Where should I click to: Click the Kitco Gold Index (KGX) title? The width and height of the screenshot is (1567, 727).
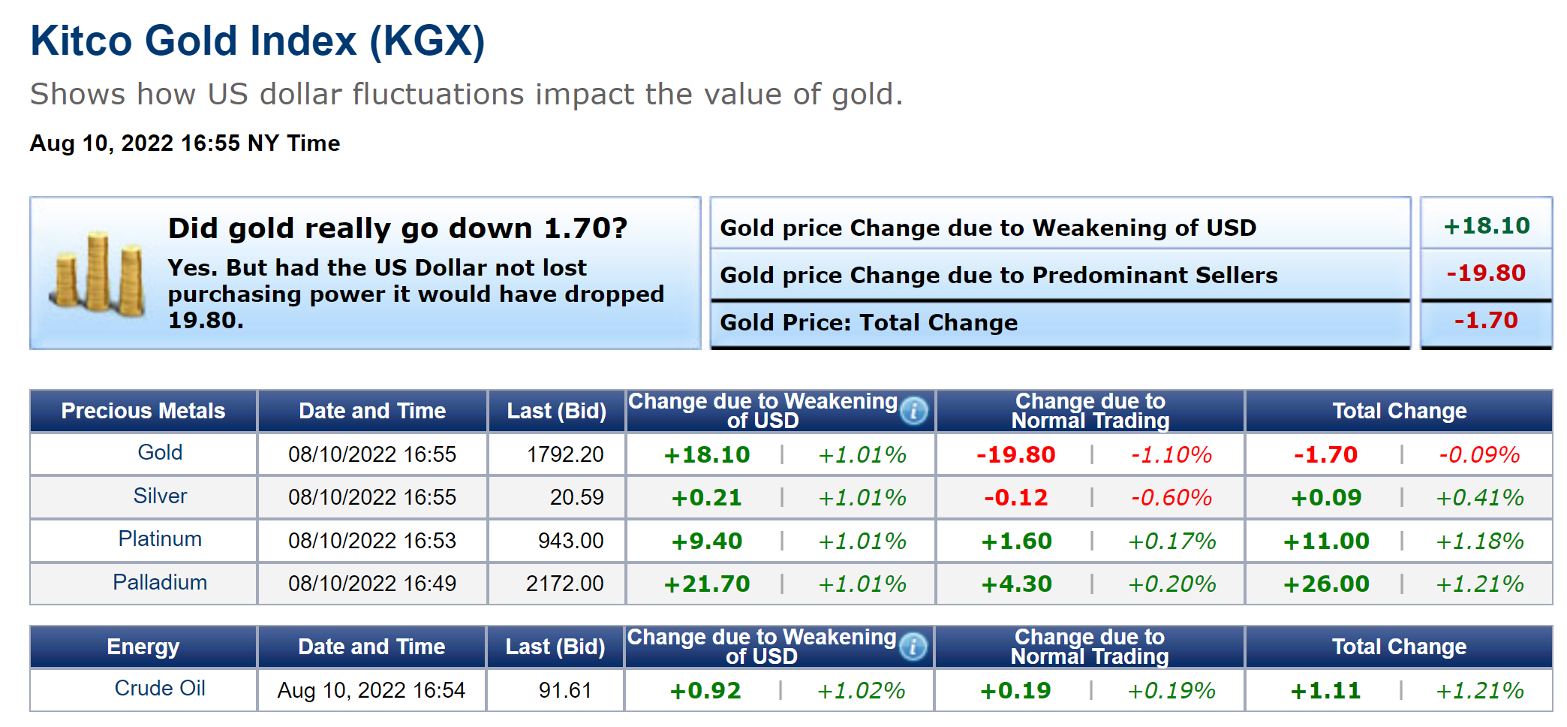pos(257,41)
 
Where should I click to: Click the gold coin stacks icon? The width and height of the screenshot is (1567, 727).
pos(98,273)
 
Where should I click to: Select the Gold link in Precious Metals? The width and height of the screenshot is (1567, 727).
pos(160,452)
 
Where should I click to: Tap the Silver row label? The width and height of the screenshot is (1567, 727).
pos(160,496)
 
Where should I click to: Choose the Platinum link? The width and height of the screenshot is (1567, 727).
pos(160,538)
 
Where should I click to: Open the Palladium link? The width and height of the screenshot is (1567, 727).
pos(160,582)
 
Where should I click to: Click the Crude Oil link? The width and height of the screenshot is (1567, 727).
pos(160,688)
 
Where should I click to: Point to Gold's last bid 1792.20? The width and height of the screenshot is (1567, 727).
pos(565,454)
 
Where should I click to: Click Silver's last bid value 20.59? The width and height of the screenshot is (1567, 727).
pos(576,497)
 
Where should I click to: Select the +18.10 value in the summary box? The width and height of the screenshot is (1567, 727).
pos(1486,225)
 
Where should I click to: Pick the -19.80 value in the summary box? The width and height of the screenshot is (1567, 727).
pos(1486,273)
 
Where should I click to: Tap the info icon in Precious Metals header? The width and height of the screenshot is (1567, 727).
pos(914,411)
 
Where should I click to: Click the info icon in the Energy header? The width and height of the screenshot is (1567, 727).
pos(913,647)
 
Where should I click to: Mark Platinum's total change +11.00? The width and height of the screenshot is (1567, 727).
pos(1326,541)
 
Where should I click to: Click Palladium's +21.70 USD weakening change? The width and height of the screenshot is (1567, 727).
pos(706,584)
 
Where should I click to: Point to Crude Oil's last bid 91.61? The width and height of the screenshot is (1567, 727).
pos(565,690)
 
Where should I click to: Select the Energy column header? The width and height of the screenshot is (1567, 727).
pos(143,647)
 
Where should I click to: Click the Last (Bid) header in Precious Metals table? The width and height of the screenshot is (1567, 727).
pos(556,411)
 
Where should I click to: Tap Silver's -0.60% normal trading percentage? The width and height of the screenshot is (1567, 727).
pos(1171,497)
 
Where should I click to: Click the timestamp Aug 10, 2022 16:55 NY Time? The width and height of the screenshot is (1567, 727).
pos(185,143)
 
